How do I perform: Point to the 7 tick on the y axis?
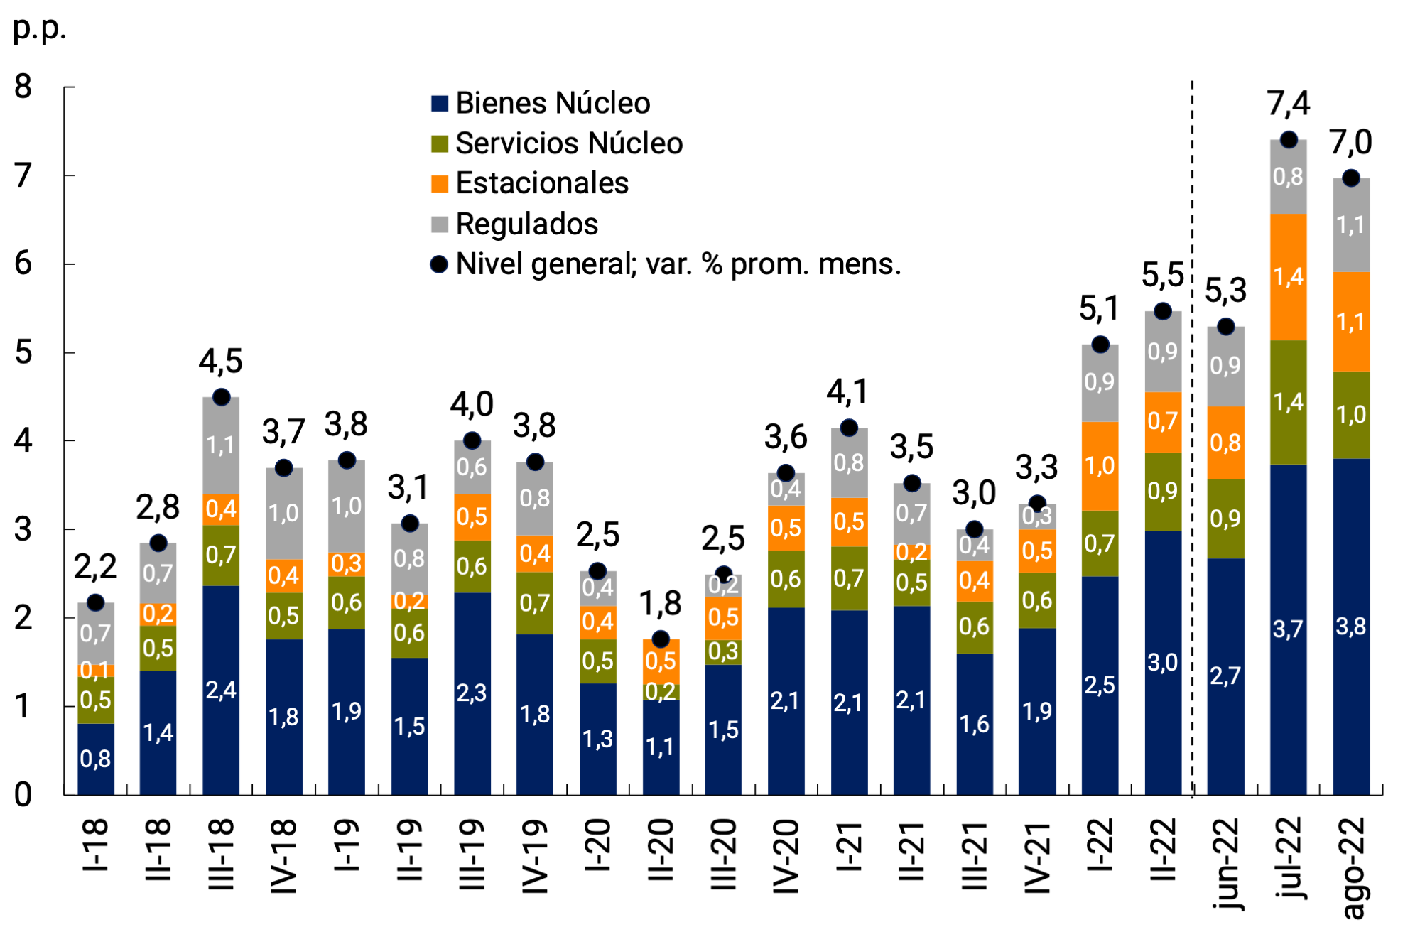[x=23, y=175]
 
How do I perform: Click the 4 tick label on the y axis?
[x=23, y=441]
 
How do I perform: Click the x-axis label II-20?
[x=661, y=850]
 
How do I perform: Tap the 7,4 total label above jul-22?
[x=1289, y=104]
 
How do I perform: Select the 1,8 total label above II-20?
[x=660, y=604]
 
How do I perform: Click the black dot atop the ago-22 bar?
[x=1351, y=178]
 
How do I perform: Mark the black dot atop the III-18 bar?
[x=221, y=397]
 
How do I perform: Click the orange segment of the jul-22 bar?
[x=1289, y=277]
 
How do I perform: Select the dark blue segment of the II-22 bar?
[x=1163, y=662]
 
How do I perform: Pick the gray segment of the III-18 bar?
[x=221, y=445]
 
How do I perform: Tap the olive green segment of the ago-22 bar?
[x=1351, y=415]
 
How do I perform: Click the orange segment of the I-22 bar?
[x=1100, y=466]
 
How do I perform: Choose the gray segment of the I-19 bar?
[x=347, y=506]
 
